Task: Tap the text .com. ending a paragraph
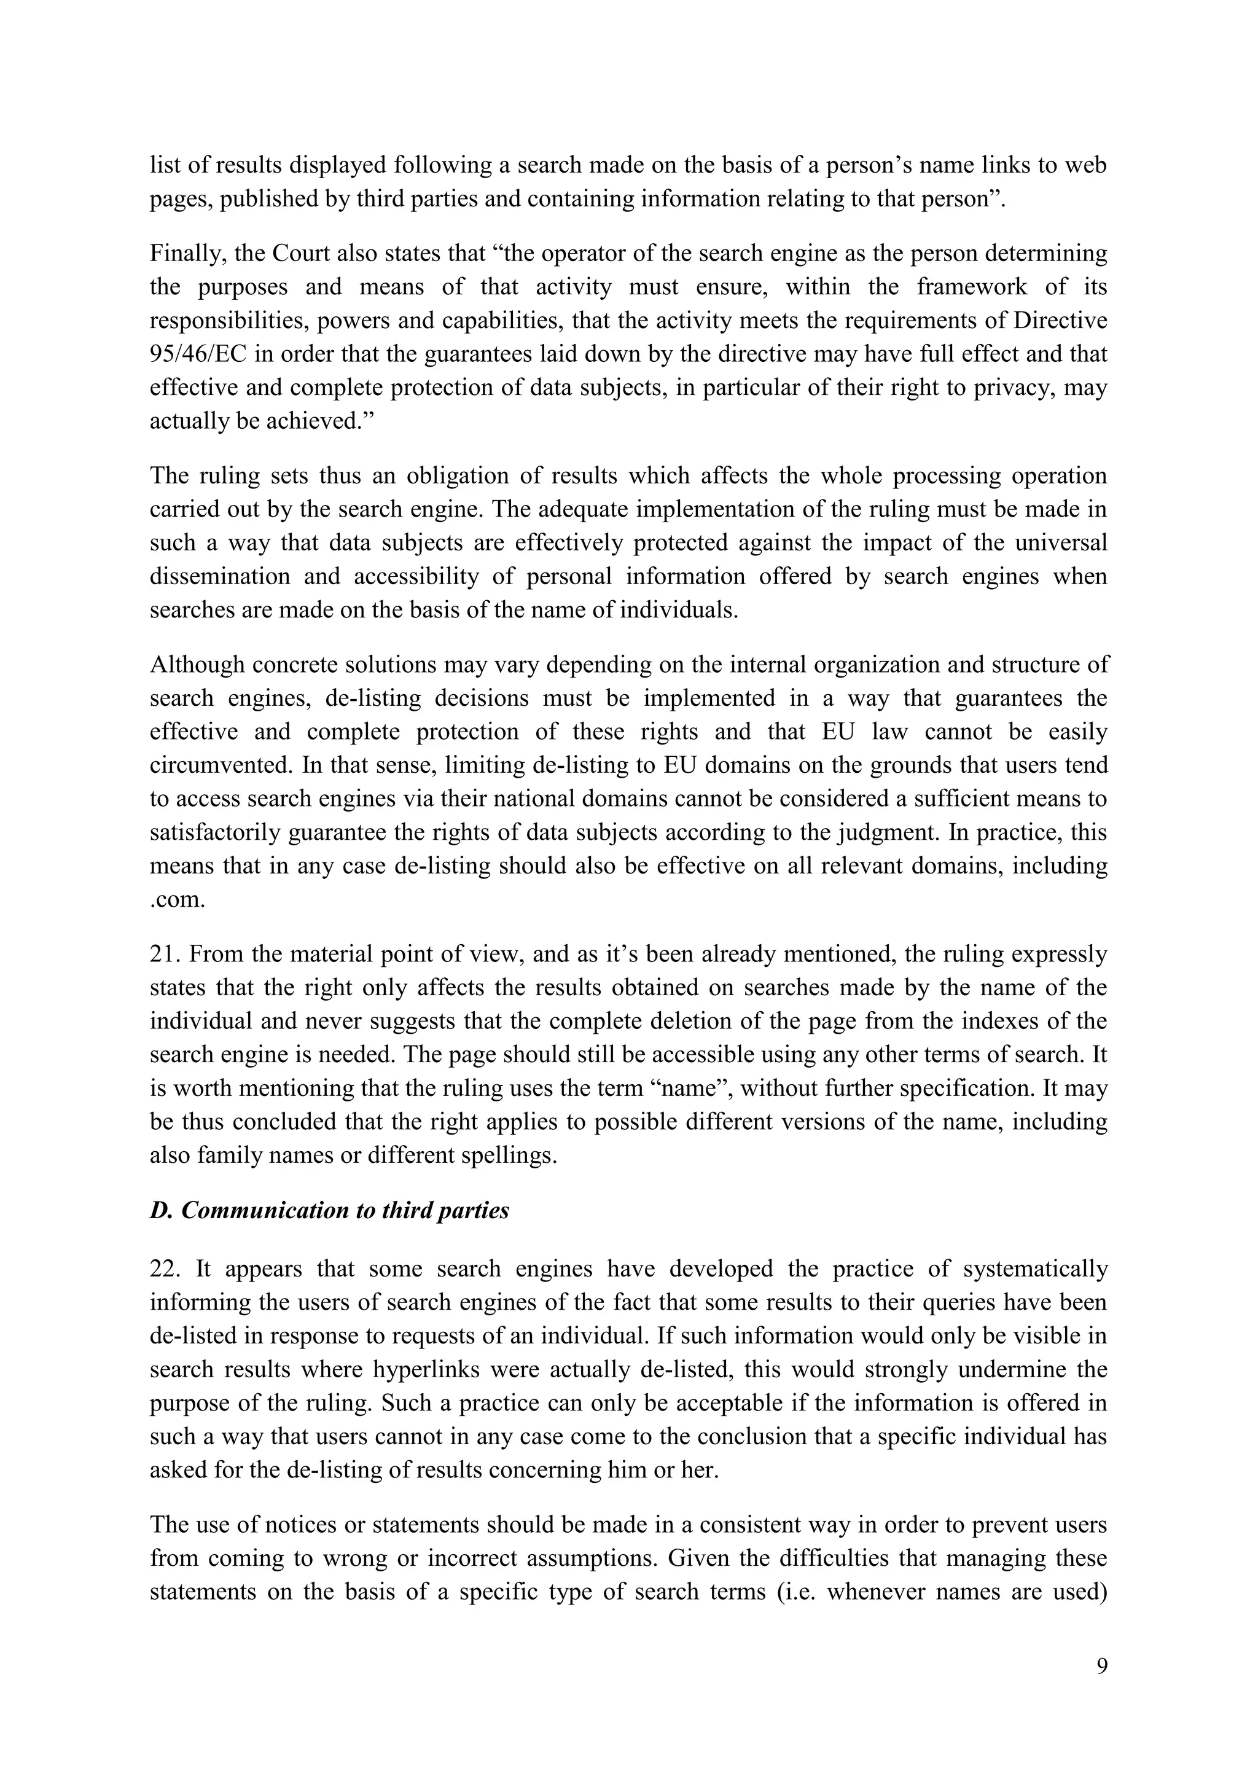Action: (x=178, y=899)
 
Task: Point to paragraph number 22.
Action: (x=165, y=1269)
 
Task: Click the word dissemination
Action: (x=219, y=576)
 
